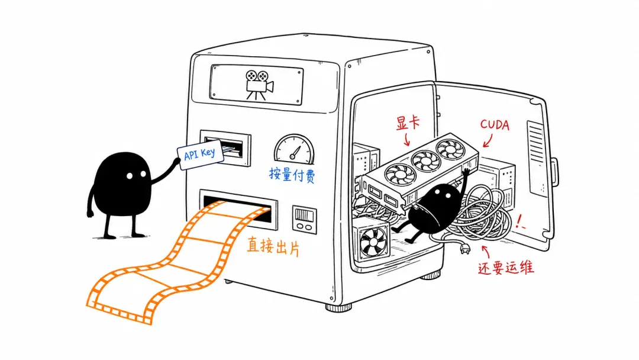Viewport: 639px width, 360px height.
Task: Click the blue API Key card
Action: (x=201, y=155)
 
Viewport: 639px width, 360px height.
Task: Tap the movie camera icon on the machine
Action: (x=259, y=85)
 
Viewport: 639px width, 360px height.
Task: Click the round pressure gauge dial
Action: (x=294, y=149)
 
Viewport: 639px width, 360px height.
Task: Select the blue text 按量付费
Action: (x=292, y=175)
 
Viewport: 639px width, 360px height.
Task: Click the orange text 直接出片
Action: (x=273, y=246)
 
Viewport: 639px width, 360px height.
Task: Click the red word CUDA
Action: (x=495, y=124)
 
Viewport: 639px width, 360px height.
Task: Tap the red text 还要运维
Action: (x=506, y=268)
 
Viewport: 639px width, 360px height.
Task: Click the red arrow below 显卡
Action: (x=406, y=139)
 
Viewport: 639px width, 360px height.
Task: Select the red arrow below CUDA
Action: (x=488, y=141)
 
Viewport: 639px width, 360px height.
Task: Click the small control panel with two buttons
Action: (x=305, y=219)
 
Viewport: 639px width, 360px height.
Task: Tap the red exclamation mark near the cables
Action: (x=519, y=221)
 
